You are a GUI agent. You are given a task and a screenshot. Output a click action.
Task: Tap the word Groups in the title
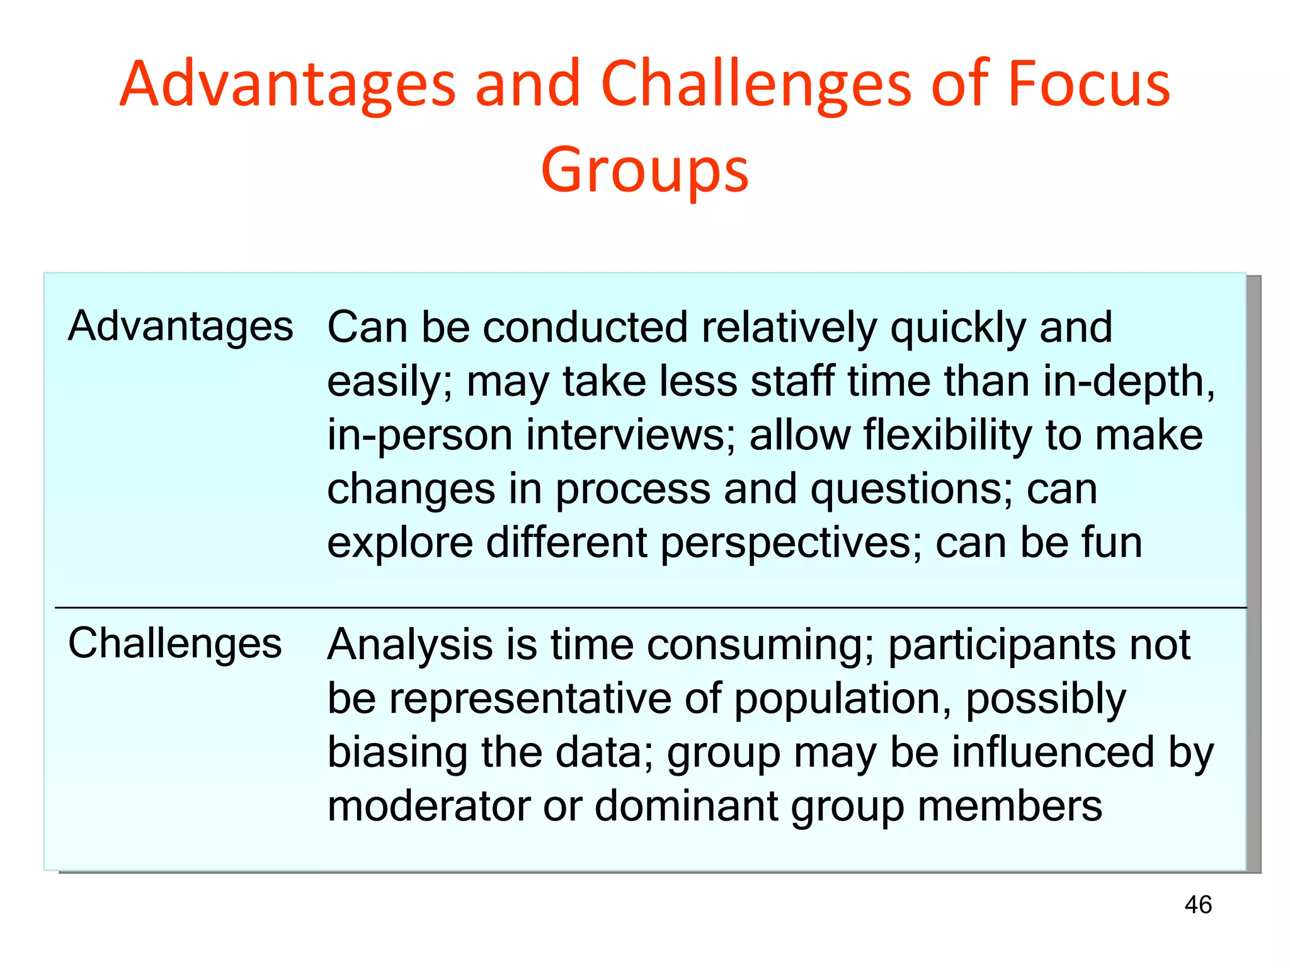tap(645, 170)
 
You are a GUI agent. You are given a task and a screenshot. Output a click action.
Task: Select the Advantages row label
tap(181, 326)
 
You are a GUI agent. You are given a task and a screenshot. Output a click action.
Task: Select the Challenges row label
tap(174, 644)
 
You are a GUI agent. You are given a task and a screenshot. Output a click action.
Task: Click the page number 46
tap(1197, 905)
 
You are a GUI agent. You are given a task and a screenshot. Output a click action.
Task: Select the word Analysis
tap(410, 645)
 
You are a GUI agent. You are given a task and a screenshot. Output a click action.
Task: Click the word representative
tap(530, 700)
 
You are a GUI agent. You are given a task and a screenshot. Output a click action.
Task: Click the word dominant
tap(686, 806)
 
